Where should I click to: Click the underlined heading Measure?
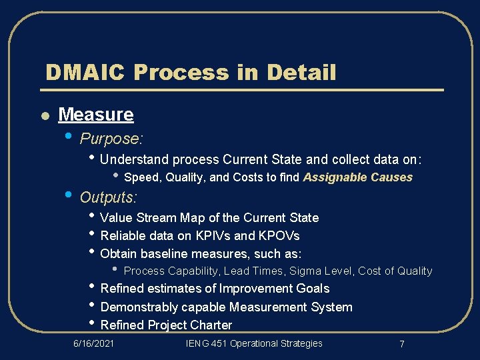tap(96, 115)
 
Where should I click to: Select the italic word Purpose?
tap(111, 139)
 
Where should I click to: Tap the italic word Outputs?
tap(109, 197)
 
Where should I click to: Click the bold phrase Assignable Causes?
tap(357, 177)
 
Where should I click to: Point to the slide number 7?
tap(401, 344)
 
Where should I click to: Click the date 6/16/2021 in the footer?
tap(93, 343)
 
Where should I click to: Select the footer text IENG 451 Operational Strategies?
tap(254, 343)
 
